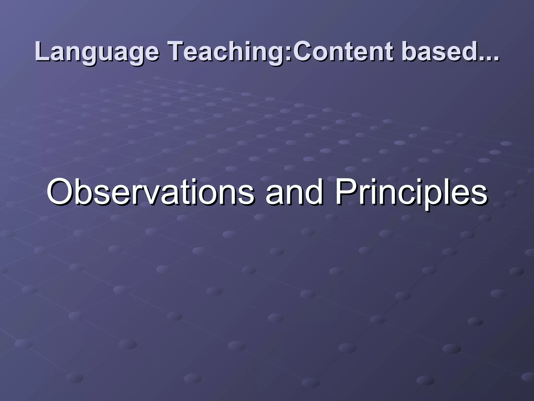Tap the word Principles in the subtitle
tap(411, 193)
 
